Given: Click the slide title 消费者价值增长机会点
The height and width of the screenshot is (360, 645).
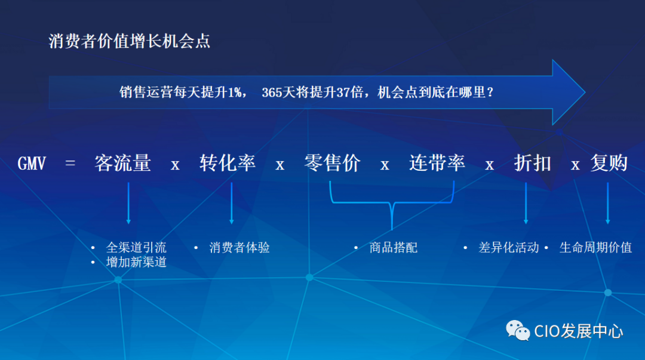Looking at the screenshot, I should click(x=129, y=41).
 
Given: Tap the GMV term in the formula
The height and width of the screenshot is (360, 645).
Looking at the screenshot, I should click(x=32, y=164).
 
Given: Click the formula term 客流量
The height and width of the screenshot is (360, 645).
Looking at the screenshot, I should click(x=122, y=163).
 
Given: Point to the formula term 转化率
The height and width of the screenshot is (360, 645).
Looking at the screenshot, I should click(x=228, y=163).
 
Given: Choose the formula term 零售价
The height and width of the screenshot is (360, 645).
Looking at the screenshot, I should click(x=333, y=163).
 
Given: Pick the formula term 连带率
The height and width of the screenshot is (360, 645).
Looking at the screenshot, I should click(x=437, y=163).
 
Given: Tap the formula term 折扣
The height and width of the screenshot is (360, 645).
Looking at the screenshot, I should click(x=533, y=163).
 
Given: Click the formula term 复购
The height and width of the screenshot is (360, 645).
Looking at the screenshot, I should click(x=609, y=163).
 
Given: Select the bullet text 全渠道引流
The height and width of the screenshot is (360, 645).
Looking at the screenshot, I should click(x=136, y=247).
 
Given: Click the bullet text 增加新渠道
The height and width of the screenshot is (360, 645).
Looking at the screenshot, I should click(x=136, y=261).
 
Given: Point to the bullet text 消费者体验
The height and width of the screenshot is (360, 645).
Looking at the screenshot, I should click(x=239, y=247).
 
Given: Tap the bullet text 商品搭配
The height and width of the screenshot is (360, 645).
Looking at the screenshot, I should click(x=394, y=247).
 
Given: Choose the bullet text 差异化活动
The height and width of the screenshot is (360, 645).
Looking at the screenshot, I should click(x=509, y=247).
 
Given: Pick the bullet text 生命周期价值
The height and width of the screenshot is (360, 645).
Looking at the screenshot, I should click(x=595, y=247).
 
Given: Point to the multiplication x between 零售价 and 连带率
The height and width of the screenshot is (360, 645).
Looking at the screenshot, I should click(x=385, y=165).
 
